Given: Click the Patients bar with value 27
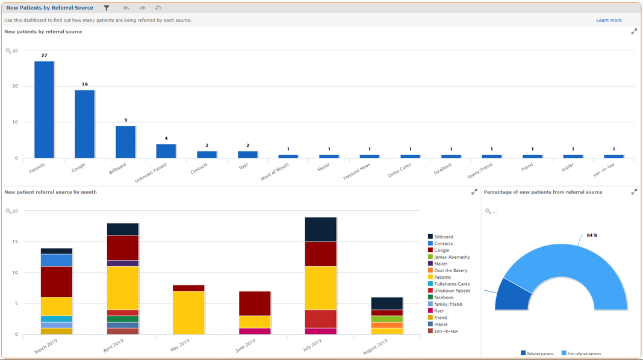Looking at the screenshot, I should pyautogui.click(x=44, y=110).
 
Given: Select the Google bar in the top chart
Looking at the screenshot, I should pyautogui.click(x=85, y=124).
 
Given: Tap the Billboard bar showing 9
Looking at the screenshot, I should pyautogui.click(x=125, y=142).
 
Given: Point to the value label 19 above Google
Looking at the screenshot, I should pyautogui.click(x=85, y=84).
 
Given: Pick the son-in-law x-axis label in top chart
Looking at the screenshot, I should pyautogui.click(x=603, y=170).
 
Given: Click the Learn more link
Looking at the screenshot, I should pyautogui.click(x=609, y=20).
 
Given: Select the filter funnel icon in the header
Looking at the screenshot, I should pyautogui.click(x=107, y=8).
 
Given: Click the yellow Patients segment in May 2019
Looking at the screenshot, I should pyautogui.click(x=188, y=312).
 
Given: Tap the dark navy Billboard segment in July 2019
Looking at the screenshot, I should pyautogui.click(x=320, y=229).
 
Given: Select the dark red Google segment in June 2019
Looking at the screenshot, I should pyautogui.click(x=255, y=303).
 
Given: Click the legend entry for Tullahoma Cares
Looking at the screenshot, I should pyautogui.click(x=451, y=284).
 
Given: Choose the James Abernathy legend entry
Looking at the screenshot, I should pyautogui.click(x=452, y=257).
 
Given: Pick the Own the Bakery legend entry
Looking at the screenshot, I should pyautogui.click(x=450, y=271).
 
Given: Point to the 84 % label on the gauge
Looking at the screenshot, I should pyautogui.click(x=592, y=235).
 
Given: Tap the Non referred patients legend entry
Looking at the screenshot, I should pyautogui.click(x=583, y=353).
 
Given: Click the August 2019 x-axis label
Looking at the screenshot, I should pyautogui.click(x=375, y=347).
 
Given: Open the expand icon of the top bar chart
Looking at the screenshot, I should pyautogui.click(x=634, y=32).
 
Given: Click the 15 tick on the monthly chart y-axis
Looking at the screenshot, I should pyautogui.click(x=15, y=242).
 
